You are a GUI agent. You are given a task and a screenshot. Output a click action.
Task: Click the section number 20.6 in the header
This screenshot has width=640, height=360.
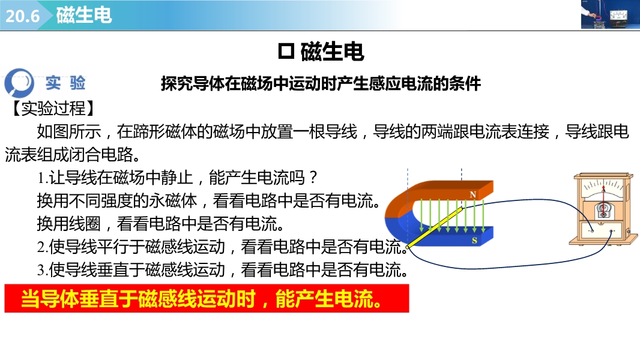tap(22, 16)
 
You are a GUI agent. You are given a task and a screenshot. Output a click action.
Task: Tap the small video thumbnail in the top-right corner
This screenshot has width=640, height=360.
tap(611, 14)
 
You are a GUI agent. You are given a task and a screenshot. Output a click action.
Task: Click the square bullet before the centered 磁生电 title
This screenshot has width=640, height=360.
tap(286, 52)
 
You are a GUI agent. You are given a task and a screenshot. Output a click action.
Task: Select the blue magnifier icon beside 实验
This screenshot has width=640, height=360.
tap(19, 82)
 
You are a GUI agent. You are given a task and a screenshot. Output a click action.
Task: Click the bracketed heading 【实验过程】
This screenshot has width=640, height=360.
tap(53, 108)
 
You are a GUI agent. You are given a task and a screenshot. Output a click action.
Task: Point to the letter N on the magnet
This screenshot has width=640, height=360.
tap(472, 194)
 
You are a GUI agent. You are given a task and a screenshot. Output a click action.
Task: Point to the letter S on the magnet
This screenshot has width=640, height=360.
tap(474, 241)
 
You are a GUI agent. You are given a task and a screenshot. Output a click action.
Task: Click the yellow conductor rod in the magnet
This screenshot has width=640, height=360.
tap(435, 227)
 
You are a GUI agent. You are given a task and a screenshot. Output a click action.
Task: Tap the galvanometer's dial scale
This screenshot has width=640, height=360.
tap(603, 188)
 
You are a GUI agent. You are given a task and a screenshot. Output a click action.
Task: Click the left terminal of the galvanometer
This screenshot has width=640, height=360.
tap(592, 231)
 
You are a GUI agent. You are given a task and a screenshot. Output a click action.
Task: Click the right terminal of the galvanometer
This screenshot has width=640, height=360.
tap(611, 231)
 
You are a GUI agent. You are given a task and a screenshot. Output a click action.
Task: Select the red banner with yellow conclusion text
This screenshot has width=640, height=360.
tap(207, 299)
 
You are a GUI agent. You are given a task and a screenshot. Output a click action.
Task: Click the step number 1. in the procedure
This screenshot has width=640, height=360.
tap(43, 178)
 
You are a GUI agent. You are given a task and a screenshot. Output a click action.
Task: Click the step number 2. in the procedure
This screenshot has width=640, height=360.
tap(43, 247)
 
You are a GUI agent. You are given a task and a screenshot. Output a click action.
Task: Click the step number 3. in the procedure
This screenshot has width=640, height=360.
tap(43, 270)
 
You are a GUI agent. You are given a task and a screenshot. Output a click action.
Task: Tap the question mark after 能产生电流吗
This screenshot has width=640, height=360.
tap(313, 178)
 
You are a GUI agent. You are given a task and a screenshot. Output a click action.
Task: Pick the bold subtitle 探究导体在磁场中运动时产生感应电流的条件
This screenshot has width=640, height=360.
tap(321, 83)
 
